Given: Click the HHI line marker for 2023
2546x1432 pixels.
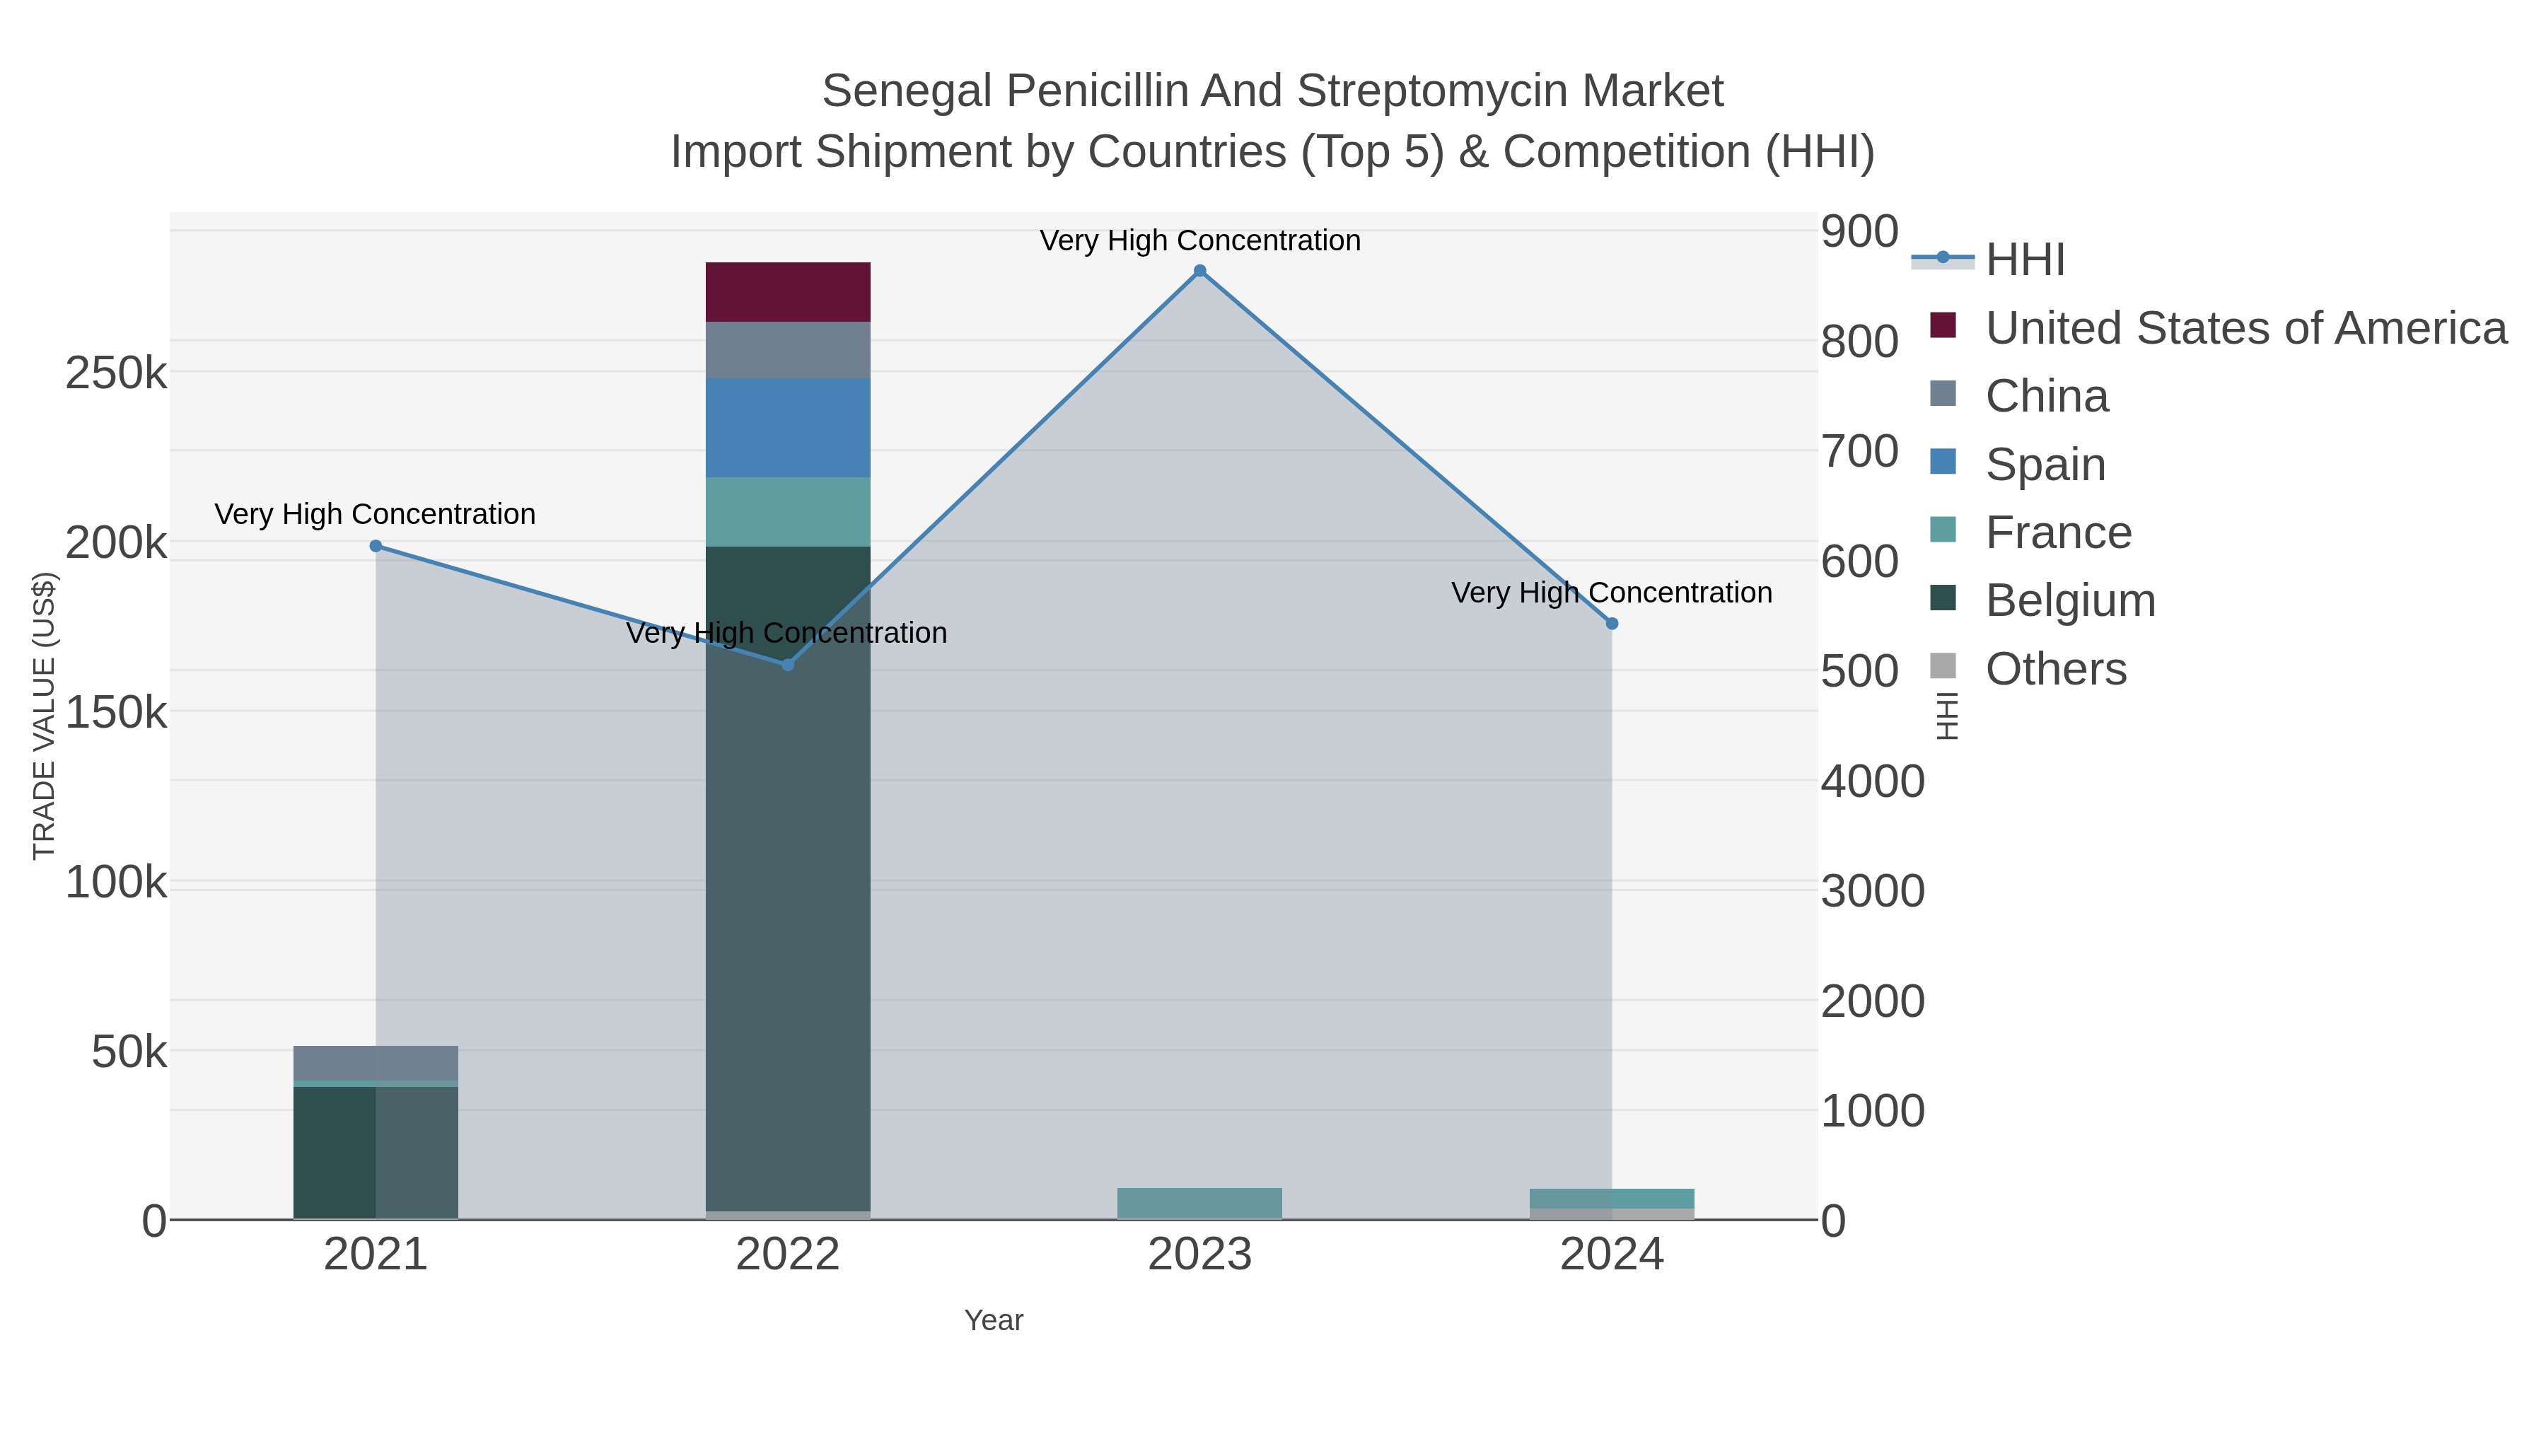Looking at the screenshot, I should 1200,271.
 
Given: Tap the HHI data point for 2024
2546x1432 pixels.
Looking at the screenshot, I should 1612,624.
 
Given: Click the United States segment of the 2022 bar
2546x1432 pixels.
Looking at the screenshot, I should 788,293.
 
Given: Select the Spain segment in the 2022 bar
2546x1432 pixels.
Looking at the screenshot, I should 788,428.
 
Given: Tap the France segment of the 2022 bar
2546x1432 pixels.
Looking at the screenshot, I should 788,512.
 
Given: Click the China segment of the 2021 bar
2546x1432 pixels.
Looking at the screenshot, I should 376,1064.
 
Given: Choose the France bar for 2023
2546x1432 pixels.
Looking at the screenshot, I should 1200,1204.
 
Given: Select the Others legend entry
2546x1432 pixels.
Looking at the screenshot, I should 2056,669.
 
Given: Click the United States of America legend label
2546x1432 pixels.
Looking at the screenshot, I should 2245,328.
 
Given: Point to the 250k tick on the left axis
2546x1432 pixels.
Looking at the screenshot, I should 116,373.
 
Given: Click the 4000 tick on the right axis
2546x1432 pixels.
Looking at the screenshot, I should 1872,781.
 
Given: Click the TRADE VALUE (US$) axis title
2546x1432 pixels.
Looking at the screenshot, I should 45,716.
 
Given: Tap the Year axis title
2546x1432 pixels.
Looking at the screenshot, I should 994,1320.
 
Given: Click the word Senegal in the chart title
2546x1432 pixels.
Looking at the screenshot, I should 907,91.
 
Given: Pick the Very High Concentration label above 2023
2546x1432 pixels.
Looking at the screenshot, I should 1200,240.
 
